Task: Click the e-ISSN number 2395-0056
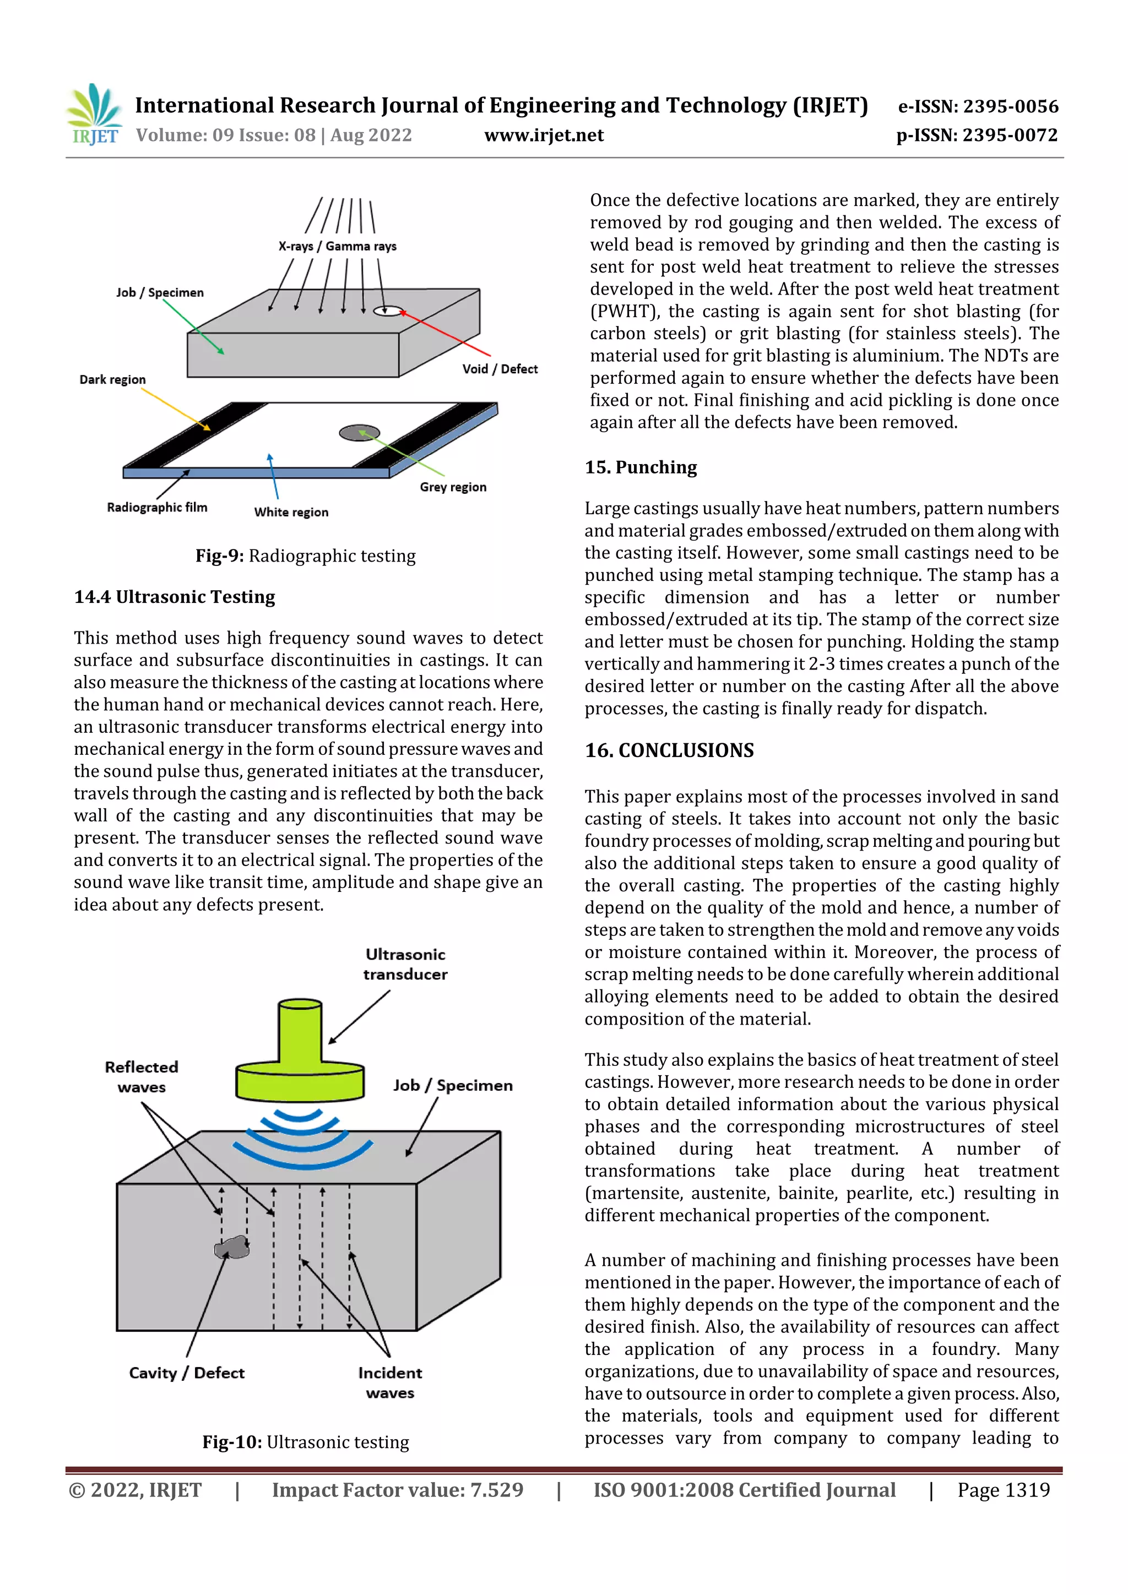point(978,106)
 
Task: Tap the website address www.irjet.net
point(544,135)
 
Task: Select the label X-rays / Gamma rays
point(337,246)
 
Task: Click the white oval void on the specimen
point(387,311)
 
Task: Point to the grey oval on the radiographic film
point(359,433)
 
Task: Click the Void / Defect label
point(500,369)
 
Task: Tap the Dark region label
point(112,379)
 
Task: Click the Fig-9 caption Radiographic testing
point(305,556)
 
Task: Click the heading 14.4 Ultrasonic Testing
point(175,597)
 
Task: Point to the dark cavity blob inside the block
point(231,1248)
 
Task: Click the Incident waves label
point(390,1382)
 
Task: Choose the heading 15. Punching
point(640,467)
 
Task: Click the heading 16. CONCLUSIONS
point(669,750)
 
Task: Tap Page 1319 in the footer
point(1003,1489)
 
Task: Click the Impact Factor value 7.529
point(397,1489)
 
